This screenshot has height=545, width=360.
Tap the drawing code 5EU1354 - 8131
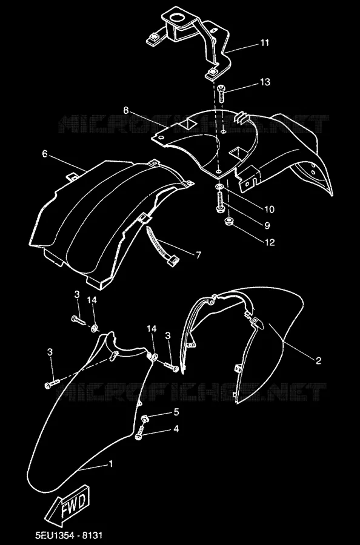(69, 535)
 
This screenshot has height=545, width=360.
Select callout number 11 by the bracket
(265, 43)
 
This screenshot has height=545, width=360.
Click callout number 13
(265, 82)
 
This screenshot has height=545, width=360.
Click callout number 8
(126, 111)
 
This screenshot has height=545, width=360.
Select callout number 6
(44, 154)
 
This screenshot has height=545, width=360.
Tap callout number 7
(199, 256)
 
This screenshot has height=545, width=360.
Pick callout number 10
(269, 210)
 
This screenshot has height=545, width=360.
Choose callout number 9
(267, 226)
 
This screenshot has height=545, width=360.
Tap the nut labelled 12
(229, 222)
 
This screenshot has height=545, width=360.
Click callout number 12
(270, 242)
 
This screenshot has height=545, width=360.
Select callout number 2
(318, 361)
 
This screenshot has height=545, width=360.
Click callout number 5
(176, 412)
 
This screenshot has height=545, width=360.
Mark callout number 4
(176, 429)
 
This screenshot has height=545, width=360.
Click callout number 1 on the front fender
(111, 464)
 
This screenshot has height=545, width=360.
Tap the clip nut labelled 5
(145, 418)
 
